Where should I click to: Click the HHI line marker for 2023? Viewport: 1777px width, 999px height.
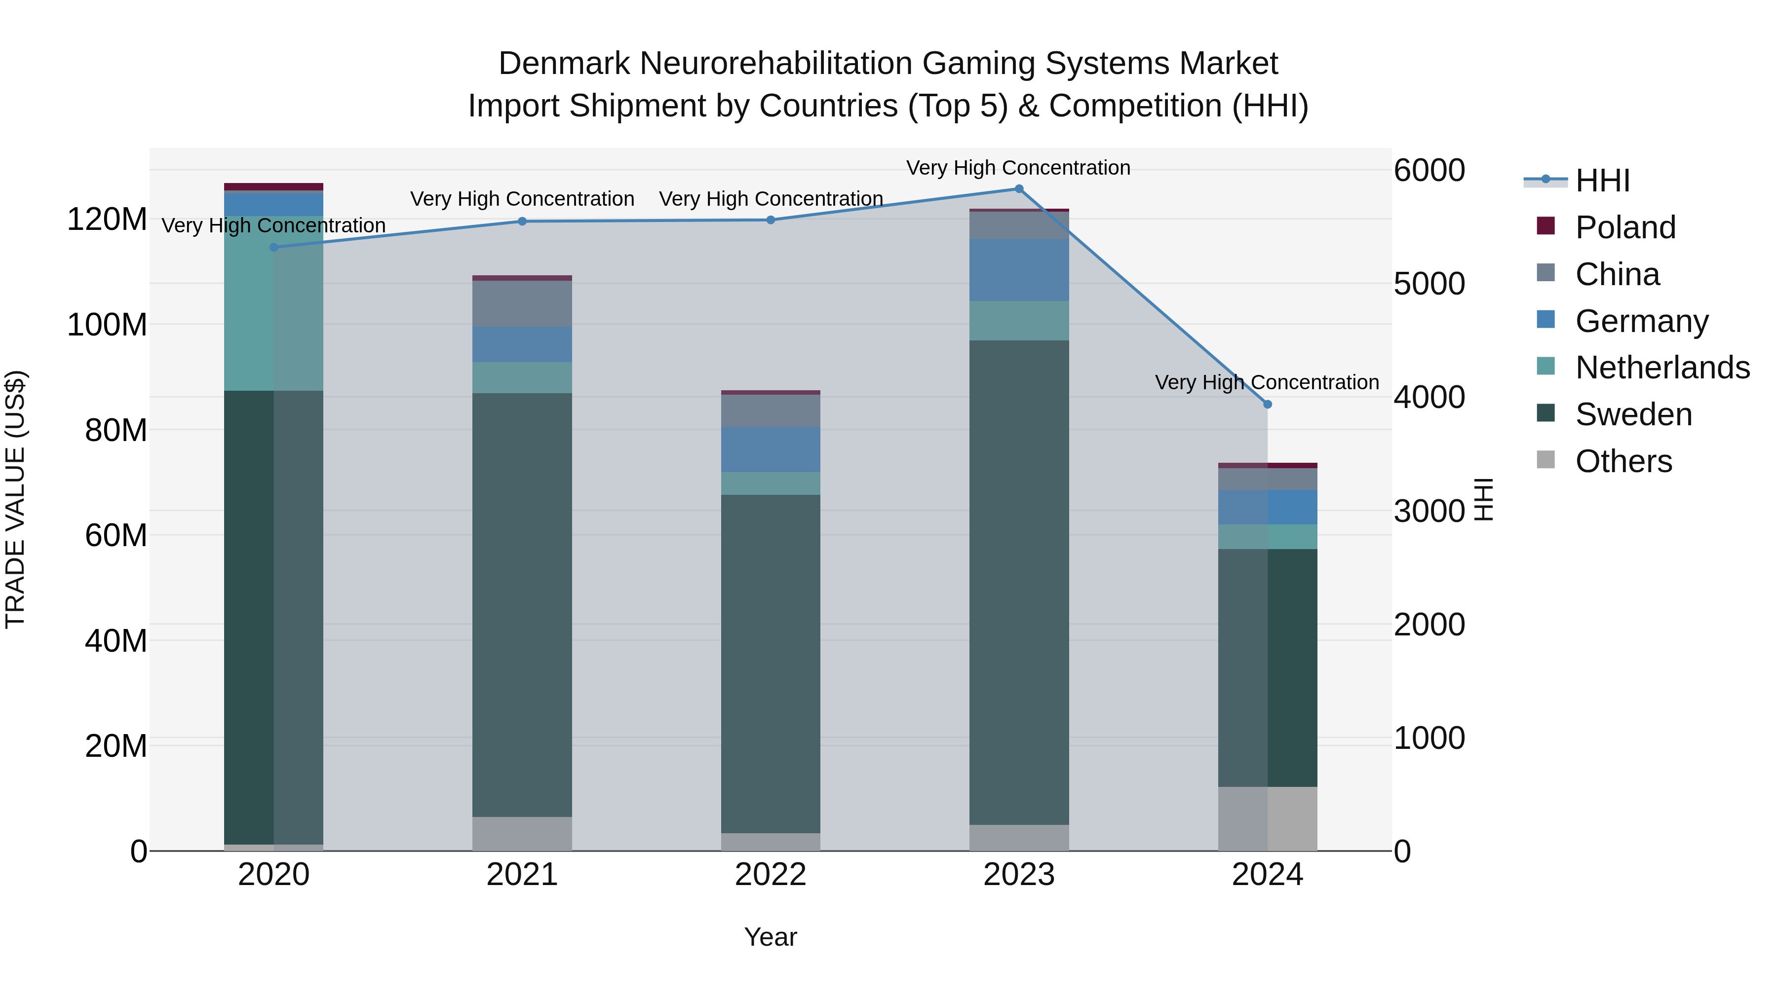tap(1019, 189)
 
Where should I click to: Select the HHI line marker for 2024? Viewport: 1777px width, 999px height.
tap(1267, 405)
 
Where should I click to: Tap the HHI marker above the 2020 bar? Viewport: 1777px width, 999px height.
tap(274, 248)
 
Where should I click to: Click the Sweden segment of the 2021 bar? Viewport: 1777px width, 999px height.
tap(522, 605)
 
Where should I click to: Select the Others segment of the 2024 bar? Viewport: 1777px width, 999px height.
tap(1267, 818)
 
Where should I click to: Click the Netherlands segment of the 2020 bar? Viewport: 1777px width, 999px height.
tap(274, 303)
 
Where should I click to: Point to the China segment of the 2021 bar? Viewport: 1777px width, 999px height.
tap(522, 303)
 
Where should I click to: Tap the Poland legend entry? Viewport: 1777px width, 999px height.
tap(1624, 227)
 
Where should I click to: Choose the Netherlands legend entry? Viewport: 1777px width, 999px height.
tap(1662, 368)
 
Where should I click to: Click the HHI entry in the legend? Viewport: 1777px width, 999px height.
tap(1602, 181)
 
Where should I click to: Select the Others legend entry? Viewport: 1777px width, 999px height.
tap(1623, 461)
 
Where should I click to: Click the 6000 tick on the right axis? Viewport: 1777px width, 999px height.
tap(1429, 170)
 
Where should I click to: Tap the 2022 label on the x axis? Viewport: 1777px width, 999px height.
tap(771, 875)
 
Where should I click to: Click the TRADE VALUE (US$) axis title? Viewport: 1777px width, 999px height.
tap(15, 499)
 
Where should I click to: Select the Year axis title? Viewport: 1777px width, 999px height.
tap(771, 937)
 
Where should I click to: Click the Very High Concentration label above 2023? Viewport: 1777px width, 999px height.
tap(1018, 168)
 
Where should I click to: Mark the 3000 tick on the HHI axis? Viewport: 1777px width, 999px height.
tap(1429, 511)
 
